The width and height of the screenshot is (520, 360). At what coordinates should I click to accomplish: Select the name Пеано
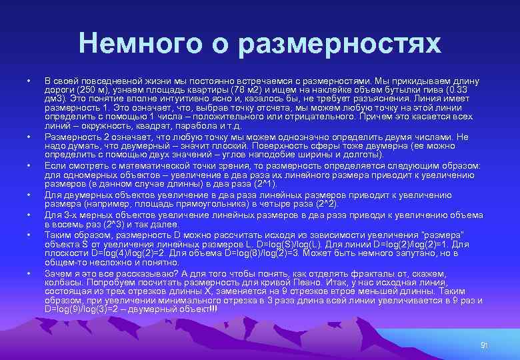pyautogui.click(x=280, y=282)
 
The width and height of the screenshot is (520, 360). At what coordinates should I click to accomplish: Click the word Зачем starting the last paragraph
pyautogui.click(x=59, y=273)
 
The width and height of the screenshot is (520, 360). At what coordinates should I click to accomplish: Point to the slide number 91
pyautogui.click(x=485, y=345)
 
